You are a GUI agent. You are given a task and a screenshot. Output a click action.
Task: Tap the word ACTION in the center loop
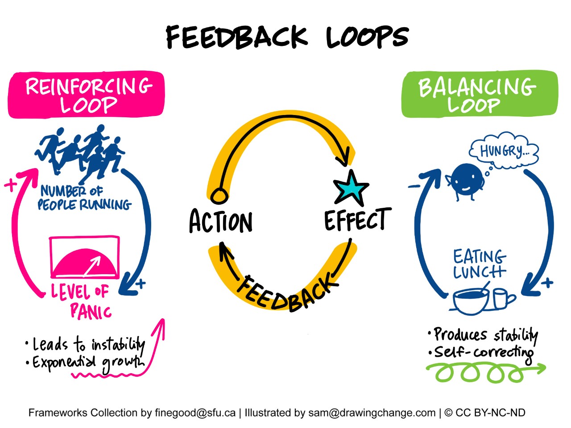coord(221,222)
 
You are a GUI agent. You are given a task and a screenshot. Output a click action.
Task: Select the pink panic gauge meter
coord(84,257)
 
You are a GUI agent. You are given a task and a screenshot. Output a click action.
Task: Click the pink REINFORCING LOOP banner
coord(87,95)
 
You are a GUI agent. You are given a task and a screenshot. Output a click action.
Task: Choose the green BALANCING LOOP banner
coord(479,95)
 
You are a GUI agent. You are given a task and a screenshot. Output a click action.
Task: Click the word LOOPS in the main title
coord(367,37)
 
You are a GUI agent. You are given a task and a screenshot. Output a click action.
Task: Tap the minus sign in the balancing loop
coord(414,186)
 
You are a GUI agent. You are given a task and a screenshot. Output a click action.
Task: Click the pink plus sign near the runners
coord(10,185)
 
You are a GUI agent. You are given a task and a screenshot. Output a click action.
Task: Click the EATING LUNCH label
coord(480,264)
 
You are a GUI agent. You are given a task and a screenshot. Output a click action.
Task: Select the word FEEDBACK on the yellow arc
coord(286,292)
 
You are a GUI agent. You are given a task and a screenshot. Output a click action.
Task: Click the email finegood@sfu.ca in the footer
coord(195,413)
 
